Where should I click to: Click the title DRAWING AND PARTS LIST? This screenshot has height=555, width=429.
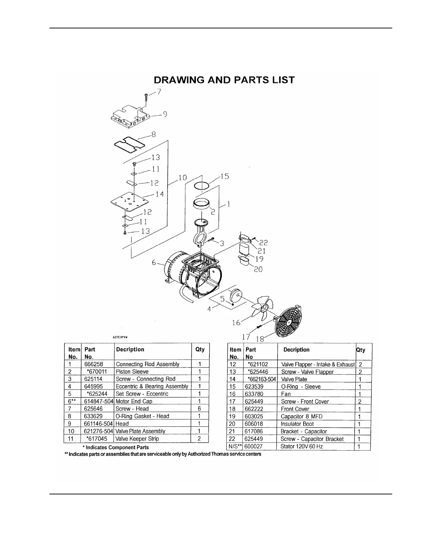tap(224, 80)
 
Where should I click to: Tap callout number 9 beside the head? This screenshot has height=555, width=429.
tap(165, 114)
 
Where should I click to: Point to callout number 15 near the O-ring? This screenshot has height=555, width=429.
tap(225, 177)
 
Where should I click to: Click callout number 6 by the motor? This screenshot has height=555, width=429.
tap(154, 263)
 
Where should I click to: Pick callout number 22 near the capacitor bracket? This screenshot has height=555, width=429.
tap(264, 242)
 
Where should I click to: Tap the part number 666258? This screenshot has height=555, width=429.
tap(94, 364)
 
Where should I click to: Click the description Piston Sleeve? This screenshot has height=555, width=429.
tap(132, 371)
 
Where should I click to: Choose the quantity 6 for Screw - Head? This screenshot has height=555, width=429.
tap(199, 409)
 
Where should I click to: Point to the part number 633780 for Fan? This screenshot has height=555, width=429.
tap(254, 394)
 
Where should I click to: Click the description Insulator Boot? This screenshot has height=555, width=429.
tap(297, 424)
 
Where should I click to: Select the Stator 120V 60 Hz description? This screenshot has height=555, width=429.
tap(302, 446)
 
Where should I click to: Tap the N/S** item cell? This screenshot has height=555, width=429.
tap(235, 446)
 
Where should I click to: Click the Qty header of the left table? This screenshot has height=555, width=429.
tap(200, 349)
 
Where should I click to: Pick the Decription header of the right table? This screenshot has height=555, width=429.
tap(297, 350)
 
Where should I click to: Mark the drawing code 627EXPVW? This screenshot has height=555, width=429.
tap(120, 337)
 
